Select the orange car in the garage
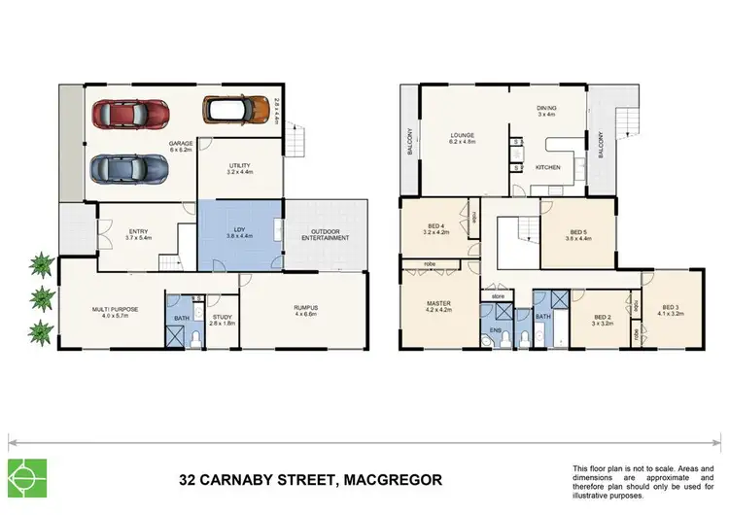click(234, 112)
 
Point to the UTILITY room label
click(240, 167)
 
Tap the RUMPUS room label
click(306, 310)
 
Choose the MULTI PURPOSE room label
click(110, 310)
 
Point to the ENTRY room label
click(137, 231)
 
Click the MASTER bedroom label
click(439, 303)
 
